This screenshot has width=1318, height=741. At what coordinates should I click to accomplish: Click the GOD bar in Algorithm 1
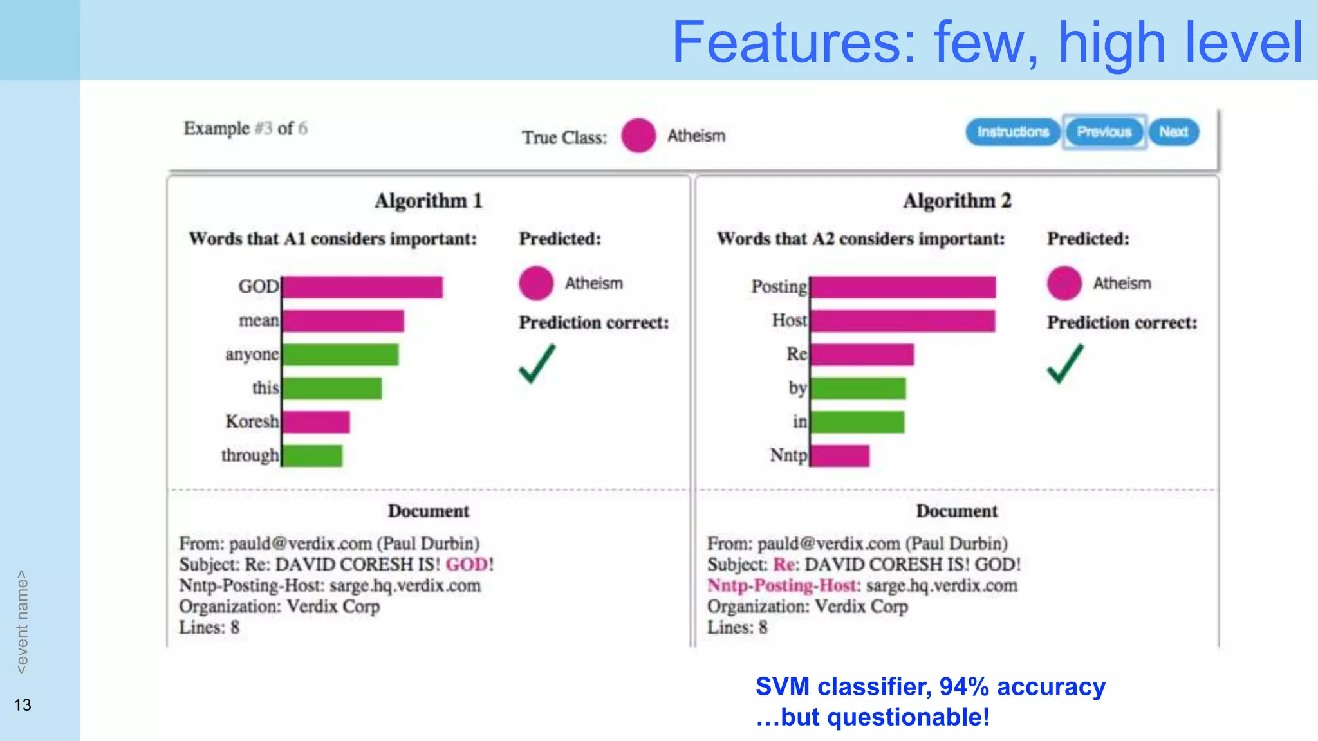click(362, 287)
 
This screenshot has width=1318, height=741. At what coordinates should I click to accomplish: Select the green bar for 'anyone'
click(340, 354)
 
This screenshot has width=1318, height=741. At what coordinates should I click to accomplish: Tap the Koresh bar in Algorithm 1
click(316, 422)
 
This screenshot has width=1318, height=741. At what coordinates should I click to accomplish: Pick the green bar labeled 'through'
click(313, 455)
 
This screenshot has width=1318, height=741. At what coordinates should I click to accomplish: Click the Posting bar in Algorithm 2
click(903, 287)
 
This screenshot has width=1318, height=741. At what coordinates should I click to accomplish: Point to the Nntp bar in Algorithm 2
click(840, 455)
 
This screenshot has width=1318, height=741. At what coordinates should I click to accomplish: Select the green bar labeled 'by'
click(858, 389)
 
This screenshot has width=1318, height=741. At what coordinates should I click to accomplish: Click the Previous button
click(1104, 132)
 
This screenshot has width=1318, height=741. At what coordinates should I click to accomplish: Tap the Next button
click(1173, 132)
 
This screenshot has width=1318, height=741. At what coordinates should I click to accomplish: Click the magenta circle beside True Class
click(638, 136)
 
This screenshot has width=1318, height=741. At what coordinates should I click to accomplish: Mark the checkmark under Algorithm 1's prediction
click(537, 364)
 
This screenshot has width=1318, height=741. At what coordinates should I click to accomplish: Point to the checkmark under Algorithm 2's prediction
click(1065, 364)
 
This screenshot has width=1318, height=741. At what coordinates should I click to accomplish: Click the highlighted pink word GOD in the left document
click(467, 564)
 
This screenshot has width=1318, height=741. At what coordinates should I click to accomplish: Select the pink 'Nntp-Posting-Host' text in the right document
click(783, 585)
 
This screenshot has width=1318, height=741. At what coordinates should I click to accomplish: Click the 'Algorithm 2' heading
click(957, 201)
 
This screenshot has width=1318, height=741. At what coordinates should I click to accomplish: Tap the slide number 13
click(23, 705)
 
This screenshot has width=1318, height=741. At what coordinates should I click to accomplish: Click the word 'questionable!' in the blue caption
click(908, 717)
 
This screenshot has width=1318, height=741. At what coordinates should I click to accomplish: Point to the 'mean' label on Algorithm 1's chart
click(259, 320)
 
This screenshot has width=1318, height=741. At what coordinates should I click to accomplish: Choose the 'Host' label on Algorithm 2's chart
click(789, 320)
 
